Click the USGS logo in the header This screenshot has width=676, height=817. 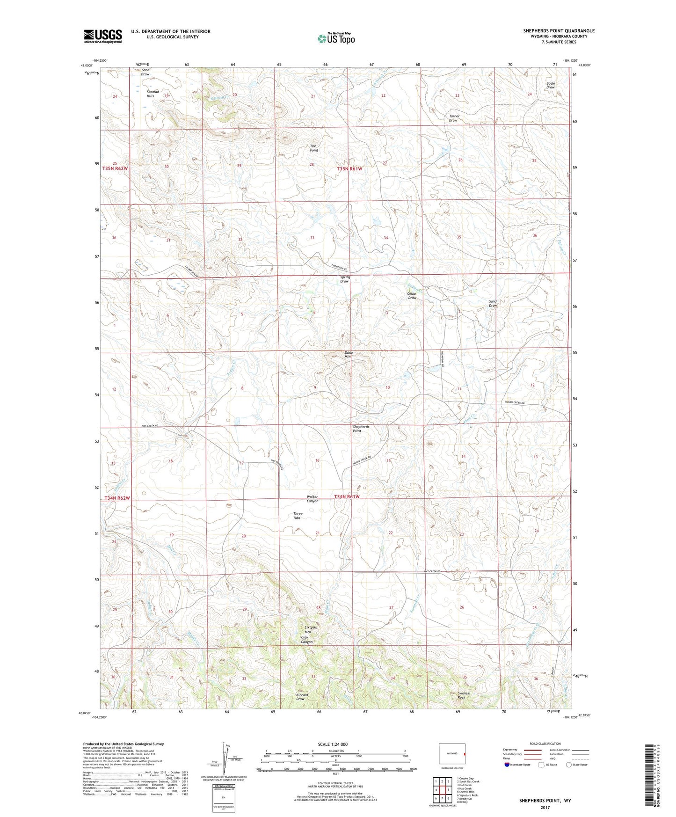(103, 36)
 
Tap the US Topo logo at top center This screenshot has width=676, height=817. (336, 38)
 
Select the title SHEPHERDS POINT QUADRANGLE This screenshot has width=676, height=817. (559, 31)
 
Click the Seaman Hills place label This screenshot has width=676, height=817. (153, 94)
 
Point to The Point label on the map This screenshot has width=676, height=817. (314, 148)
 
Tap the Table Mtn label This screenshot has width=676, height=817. (348, 355)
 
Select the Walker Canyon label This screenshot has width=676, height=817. (312, 499)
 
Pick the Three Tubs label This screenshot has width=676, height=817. (297, 516)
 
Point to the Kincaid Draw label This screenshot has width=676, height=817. (302, 697)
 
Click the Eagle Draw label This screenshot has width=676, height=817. (550, 85)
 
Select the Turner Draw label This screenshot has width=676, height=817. (454, 118)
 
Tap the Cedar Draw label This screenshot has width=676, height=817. (412, 296)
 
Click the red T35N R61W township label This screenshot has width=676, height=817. (349, 168)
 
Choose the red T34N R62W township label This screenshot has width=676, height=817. (116, 498)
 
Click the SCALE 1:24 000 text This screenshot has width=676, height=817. (333, 744)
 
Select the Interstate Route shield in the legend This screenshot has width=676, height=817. (508, 765)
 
